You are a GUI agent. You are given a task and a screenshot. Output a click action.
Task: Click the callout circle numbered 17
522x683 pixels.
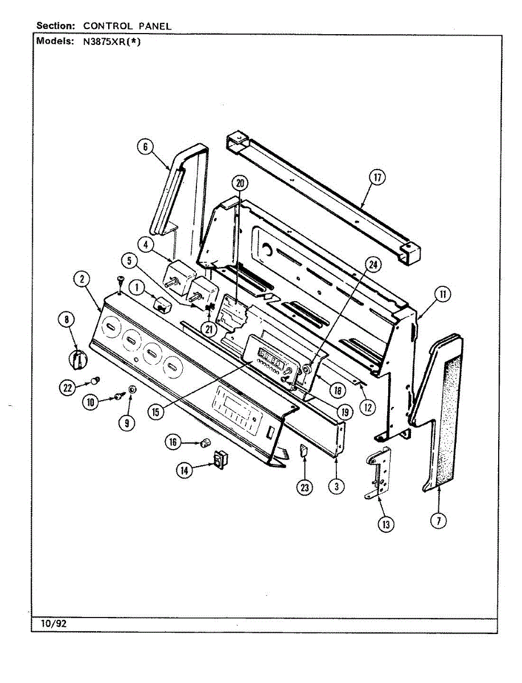click(x=376, y=178)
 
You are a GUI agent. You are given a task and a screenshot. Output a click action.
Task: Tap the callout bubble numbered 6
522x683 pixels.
click(x=145, y=147)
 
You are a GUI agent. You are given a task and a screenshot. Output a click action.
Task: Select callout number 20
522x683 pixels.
click(x=240, y=183)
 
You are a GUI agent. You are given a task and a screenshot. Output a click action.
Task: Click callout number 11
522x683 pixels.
click(x=441, y=294)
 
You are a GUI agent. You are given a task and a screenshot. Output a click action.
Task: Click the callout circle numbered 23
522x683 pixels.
click(x=306, y=488)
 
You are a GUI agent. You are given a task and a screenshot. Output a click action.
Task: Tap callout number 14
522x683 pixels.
click(x=184, y=470)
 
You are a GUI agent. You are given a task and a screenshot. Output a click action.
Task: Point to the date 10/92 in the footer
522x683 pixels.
click(x=54, y=624)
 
